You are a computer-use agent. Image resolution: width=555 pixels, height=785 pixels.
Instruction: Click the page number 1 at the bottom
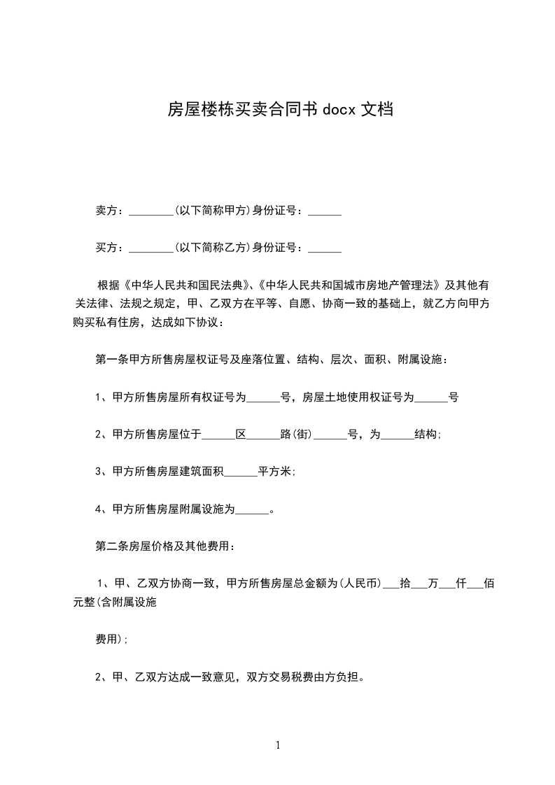click(x=278, y=745)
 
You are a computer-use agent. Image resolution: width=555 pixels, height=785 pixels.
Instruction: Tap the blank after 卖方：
click(x=151, y=211)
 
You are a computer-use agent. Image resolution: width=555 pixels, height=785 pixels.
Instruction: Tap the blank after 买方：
click(x=151, y=248)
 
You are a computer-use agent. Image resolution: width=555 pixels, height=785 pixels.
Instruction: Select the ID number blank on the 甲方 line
click(x=325, y=211)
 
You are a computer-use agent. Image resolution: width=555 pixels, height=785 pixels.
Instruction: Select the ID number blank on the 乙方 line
click(x=325, y=248)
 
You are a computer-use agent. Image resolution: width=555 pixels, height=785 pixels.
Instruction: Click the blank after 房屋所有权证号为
click(x=263, y=397)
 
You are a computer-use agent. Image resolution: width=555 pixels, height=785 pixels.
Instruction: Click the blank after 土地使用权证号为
click(x=432, y=397)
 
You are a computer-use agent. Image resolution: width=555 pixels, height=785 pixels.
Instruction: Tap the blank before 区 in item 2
click(x=219, y=434)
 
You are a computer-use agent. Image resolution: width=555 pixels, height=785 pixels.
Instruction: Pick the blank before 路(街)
click(x=263, y=434)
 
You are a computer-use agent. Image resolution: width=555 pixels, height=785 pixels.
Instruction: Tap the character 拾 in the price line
click(x=405, y=583)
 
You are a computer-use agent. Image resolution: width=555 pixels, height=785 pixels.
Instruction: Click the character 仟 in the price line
click(x=461, y=583)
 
